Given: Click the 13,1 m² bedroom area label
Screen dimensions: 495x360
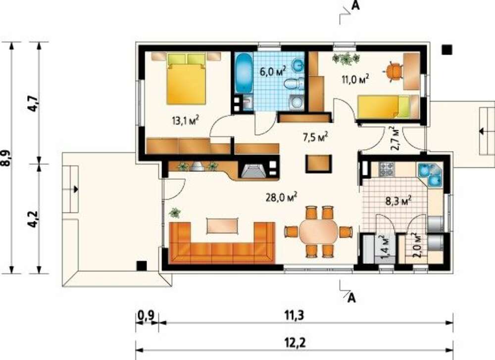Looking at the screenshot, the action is [x=186, y=120].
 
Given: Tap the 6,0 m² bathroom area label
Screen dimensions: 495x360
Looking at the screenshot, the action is [x=273, y=71].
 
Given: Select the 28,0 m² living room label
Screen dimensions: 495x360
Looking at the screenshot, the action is [x=281, y=198].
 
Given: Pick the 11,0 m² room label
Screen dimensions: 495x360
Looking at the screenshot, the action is [x=355, y=79].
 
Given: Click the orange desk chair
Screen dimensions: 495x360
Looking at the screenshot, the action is [x=394, y=72].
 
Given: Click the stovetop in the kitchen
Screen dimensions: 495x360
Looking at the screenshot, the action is [x=386, y=169].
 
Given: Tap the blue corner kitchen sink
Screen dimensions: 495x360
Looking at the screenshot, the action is [x=430, y=174].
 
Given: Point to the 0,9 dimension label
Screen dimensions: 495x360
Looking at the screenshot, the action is [x=146, y=315].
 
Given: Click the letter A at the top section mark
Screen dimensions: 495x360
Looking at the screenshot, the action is [x=356, y=5].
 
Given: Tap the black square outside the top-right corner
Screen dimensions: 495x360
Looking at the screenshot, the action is [x=446, y=50].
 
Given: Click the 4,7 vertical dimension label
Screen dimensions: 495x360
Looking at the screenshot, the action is [x=34, y=103].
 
